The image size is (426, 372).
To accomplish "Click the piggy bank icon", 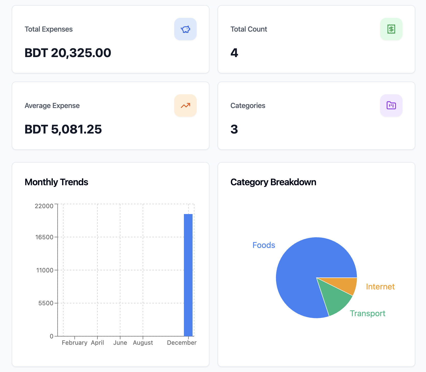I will (x=185, y=29).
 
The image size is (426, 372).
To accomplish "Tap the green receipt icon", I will (x=391, y=29).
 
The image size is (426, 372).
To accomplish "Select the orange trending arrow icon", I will (x=185, y=105).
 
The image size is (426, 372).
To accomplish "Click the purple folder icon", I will (x=391, y=105).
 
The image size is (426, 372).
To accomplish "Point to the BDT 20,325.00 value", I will (x=68, y=53).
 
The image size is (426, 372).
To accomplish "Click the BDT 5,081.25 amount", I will (x=63, y=129).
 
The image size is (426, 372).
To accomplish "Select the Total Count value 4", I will (x=234, y=53).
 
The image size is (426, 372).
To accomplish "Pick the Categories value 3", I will (x=234, y=129).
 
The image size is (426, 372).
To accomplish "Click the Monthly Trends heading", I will (x=56, y=182).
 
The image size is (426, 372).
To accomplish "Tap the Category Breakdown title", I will (x=273, y=182).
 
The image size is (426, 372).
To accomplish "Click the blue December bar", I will (x=188, y=275).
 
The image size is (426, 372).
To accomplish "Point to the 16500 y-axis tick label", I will (x=44, y=237).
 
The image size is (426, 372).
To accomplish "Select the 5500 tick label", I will (x=46, y=303).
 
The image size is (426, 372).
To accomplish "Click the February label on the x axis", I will (x=74, y=343).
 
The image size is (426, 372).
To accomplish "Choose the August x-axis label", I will (x=143, y=343).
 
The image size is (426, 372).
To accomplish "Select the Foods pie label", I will (x=264, y=245).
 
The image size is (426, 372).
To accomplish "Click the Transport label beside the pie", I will (x=367, y=313).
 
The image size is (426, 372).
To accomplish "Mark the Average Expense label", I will (x=52, y=105).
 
